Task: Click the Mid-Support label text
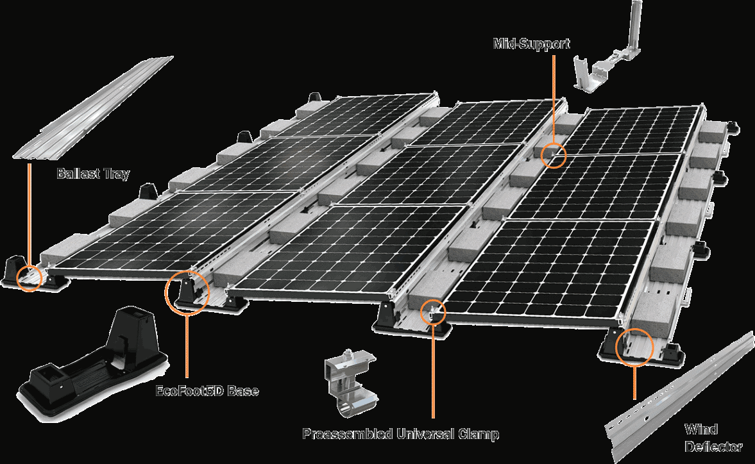pyautogui.click(x=531, y=44)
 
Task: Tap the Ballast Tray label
pyautogui.click(x=93, y=174)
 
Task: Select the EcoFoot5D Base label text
pyautogui.click(x=207, y=390)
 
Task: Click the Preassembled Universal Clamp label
pyautogui.click(x=400, y=434)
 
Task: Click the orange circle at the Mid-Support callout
pyautogui.click(x=553, y=155)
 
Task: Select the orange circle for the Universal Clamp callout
pyautogui.click(x=433, y=311)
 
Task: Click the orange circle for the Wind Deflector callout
pyautogui.click(x=634, y=347)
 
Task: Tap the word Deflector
pyautogui.click(x=713, y=447)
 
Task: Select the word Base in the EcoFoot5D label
pyautogui.click(x=243, y=390)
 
